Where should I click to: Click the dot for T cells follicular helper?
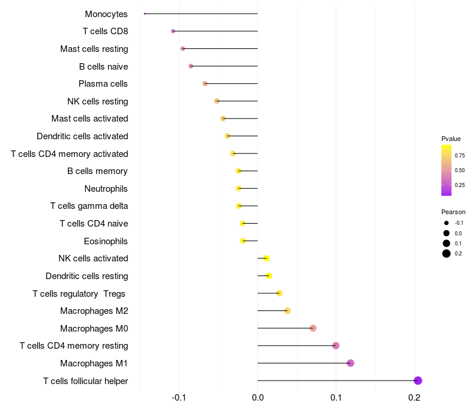click(x=418, y=381)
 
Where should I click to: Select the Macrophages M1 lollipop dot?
click(x=350, y=363)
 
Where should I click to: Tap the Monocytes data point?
click(x=145, y=14)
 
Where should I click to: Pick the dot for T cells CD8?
click(x=173, y=31)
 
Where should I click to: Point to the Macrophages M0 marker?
click(x=313, y=328)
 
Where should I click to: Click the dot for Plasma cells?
click(x=205, y=84)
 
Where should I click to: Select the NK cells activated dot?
click(x=266, y=258)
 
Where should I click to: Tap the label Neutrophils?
click(x=106, y=189)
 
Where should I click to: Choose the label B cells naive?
click(x=103, y=66)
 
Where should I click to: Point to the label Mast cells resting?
click(x=94, y=48)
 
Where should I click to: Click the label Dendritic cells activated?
click(x=82, y=136)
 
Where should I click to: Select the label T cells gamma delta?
click(x=89, y=206)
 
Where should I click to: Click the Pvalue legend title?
click(x=451, y=139)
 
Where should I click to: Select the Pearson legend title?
click(x=453, y=212)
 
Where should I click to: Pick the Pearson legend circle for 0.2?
click(x=447, y=254)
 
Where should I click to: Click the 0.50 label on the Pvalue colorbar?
click(x=460, y=171)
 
